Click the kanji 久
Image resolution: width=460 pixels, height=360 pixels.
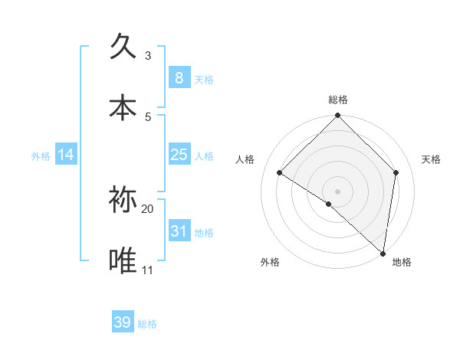[123, 47]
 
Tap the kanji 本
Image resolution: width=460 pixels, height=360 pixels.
[123, 107]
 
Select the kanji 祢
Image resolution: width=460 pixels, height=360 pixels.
[123, 199]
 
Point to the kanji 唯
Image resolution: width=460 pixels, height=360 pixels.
[123, 260]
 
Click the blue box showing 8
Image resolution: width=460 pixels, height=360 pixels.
[179, 77]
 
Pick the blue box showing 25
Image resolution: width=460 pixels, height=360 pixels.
[179, 155]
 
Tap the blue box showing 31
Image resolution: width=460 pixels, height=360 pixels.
[179, 231]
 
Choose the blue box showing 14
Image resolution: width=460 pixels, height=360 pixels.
[66, 155]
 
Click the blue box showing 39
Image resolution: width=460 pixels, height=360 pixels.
[123, 322]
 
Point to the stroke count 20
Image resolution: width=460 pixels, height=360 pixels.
[148, 208]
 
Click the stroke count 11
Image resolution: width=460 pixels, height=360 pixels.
[148, 270]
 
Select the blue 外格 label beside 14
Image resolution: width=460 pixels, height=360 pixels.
[41, 155]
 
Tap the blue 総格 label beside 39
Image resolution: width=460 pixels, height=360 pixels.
[147, 324]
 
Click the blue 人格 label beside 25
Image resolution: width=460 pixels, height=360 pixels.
[204, 155]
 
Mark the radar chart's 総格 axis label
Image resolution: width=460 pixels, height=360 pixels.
[338, 100]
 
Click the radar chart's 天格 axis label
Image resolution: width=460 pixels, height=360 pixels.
[432, 159]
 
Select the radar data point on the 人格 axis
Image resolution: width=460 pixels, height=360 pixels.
[280, 173]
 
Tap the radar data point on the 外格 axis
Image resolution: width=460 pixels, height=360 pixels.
[329, 204]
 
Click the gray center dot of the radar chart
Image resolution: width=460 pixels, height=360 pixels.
[338, 191]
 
